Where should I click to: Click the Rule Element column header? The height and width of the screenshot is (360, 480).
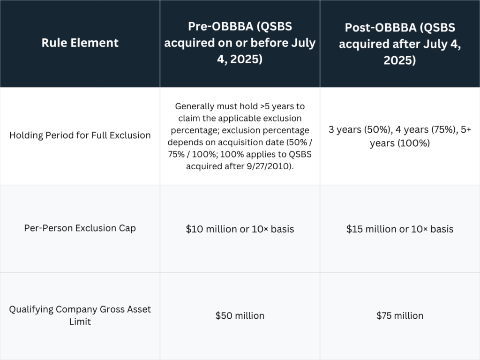[x=80, y=43]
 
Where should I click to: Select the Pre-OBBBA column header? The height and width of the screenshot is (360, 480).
[x=240, y=43]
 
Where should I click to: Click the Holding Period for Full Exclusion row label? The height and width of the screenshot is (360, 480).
[x=80, y=135]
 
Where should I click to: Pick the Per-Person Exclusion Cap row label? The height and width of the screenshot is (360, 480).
[x=80, y=229]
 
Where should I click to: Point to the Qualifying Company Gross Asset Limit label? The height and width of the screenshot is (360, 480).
[x=80, y=315]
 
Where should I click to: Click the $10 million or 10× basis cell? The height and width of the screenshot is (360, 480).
[x=240, y=229]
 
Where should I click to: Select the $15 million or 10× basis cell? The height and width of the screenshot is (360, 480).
[x=400, y=229]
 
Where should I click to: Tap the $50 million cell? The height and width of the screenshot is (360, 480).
[x=240, y=316]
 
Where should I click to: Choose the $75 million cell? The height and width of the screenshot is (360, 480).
[x=400, y=316]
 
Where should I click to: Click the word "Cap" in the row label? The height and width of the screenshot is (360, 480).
[x=127, y=229]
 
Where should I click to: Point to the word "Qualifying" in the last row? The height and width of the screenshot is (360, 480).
[x=31, y=309]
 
